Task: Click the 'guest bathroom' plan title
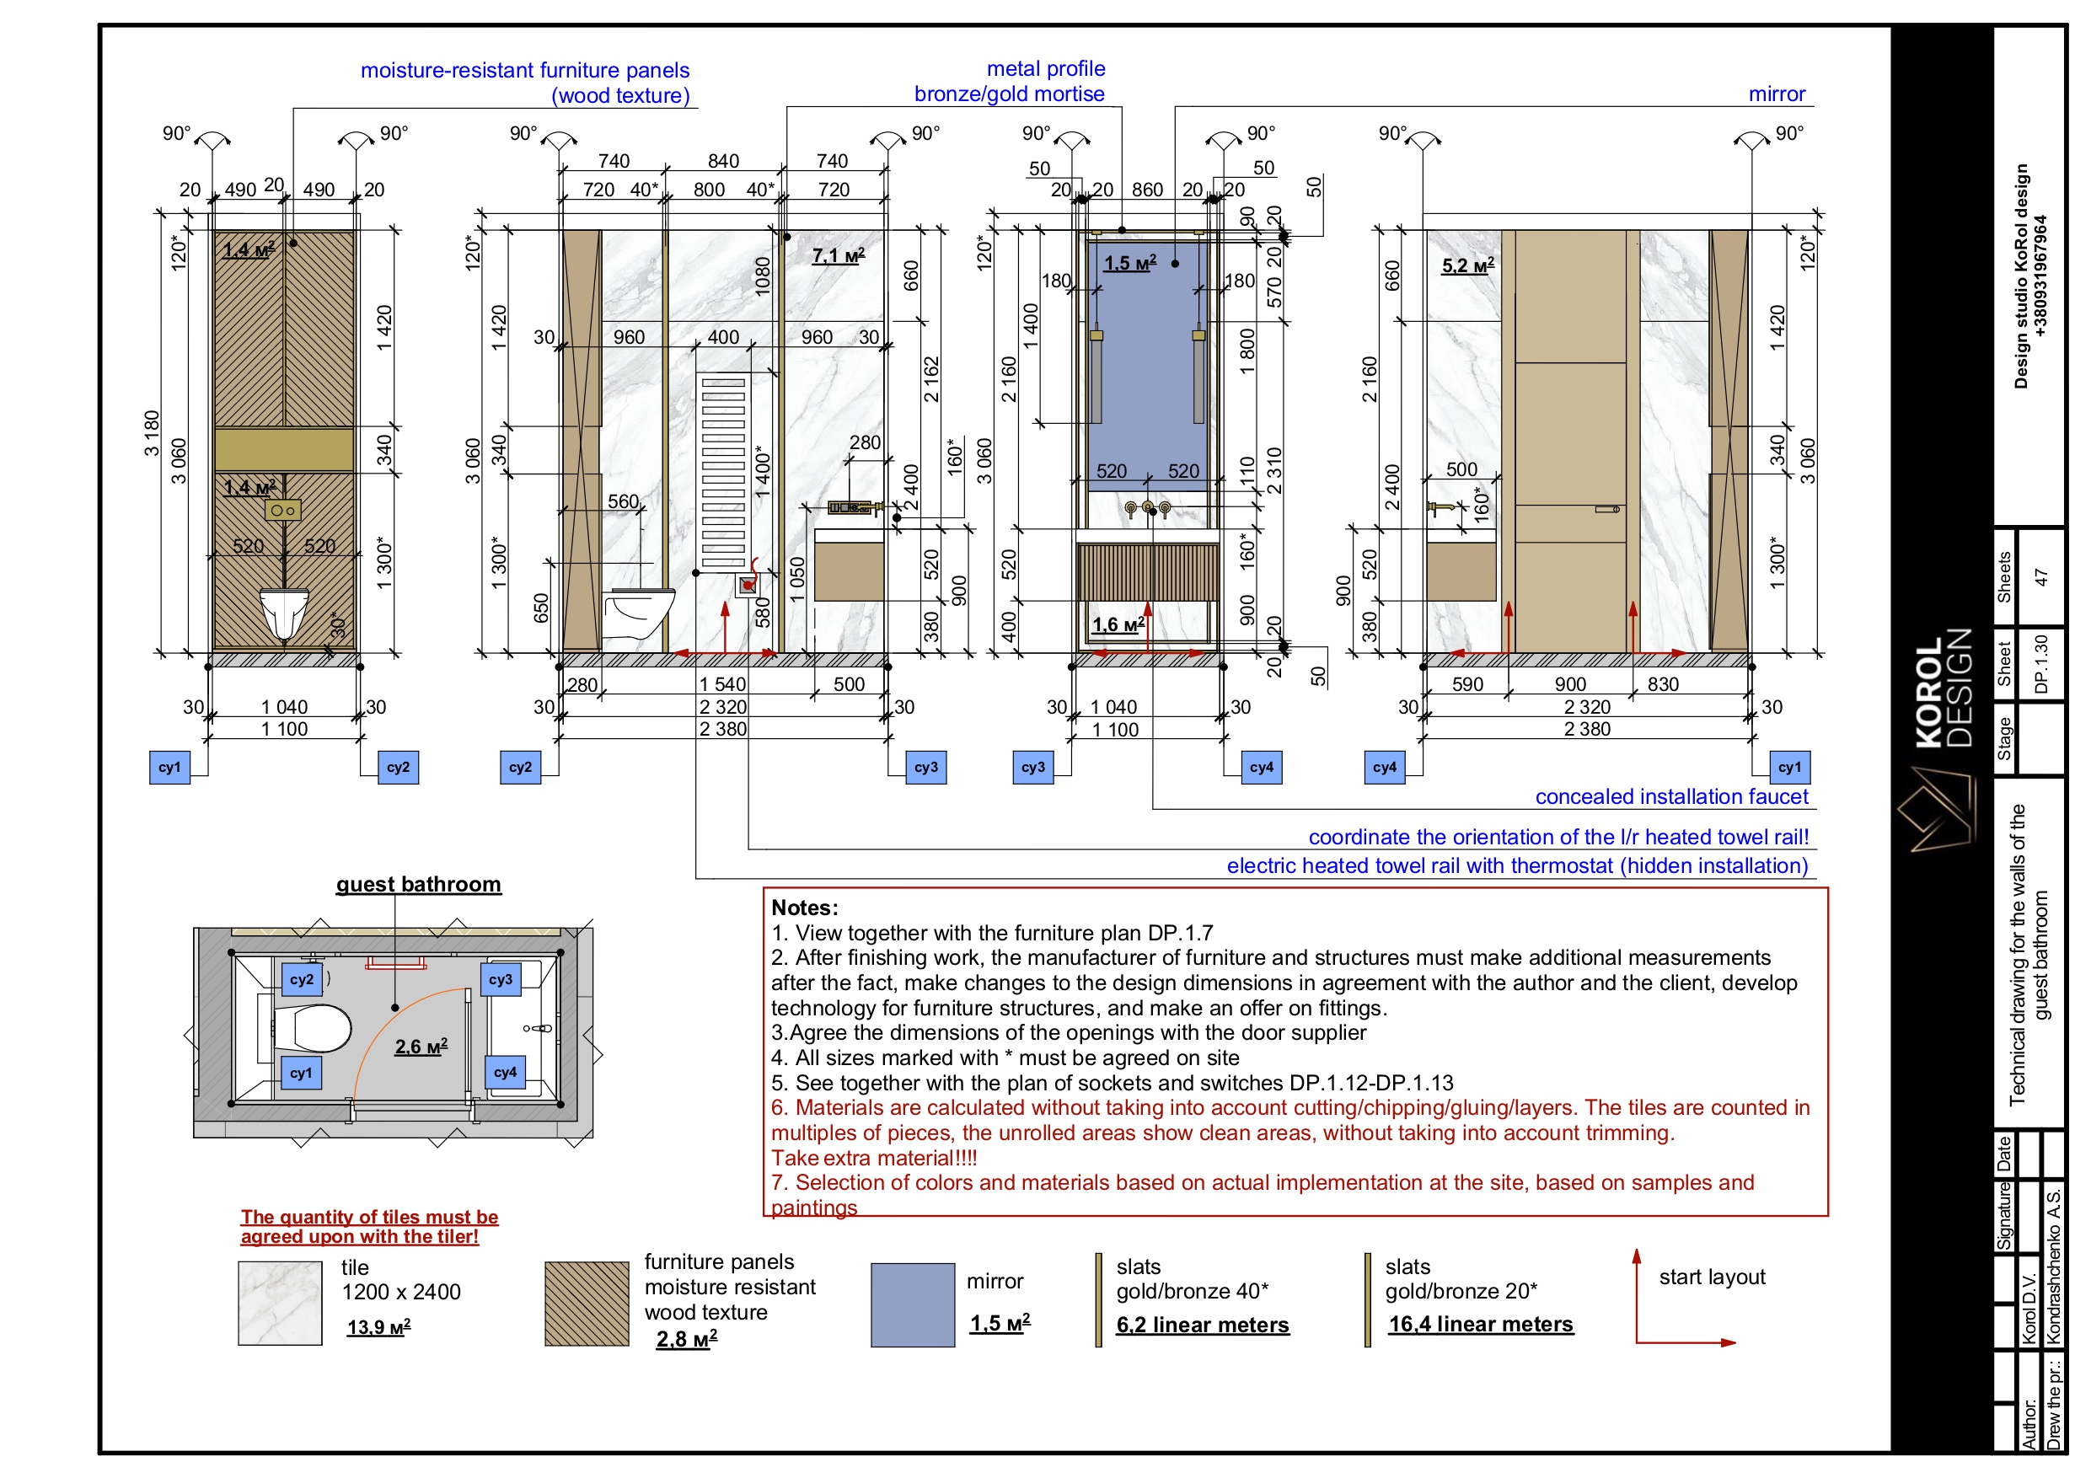418,884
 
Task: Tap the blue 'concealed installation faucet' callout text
1671,797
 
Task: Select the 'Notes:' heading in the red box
805,907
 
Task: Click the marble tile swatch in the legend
280,1304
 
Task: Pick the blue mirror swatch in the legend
913,1305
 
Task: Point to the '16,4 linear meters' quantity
1481,1324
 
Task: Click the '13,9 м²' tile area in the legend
379,1327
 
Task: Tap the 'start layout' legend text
1712,1277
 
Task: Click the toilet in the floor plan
313,1029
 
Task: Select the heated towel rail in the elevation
723,472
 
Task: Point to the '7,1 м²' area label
839,256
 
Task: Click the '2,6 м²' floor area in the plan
421,1047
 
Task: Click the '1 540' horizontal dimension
722,684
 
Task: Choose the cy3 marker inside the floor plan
501,980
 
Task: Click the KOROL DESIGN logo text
1944,688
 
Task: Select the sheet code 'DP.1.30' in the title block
2041,664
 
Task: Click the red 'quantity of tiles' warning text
369,1227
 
